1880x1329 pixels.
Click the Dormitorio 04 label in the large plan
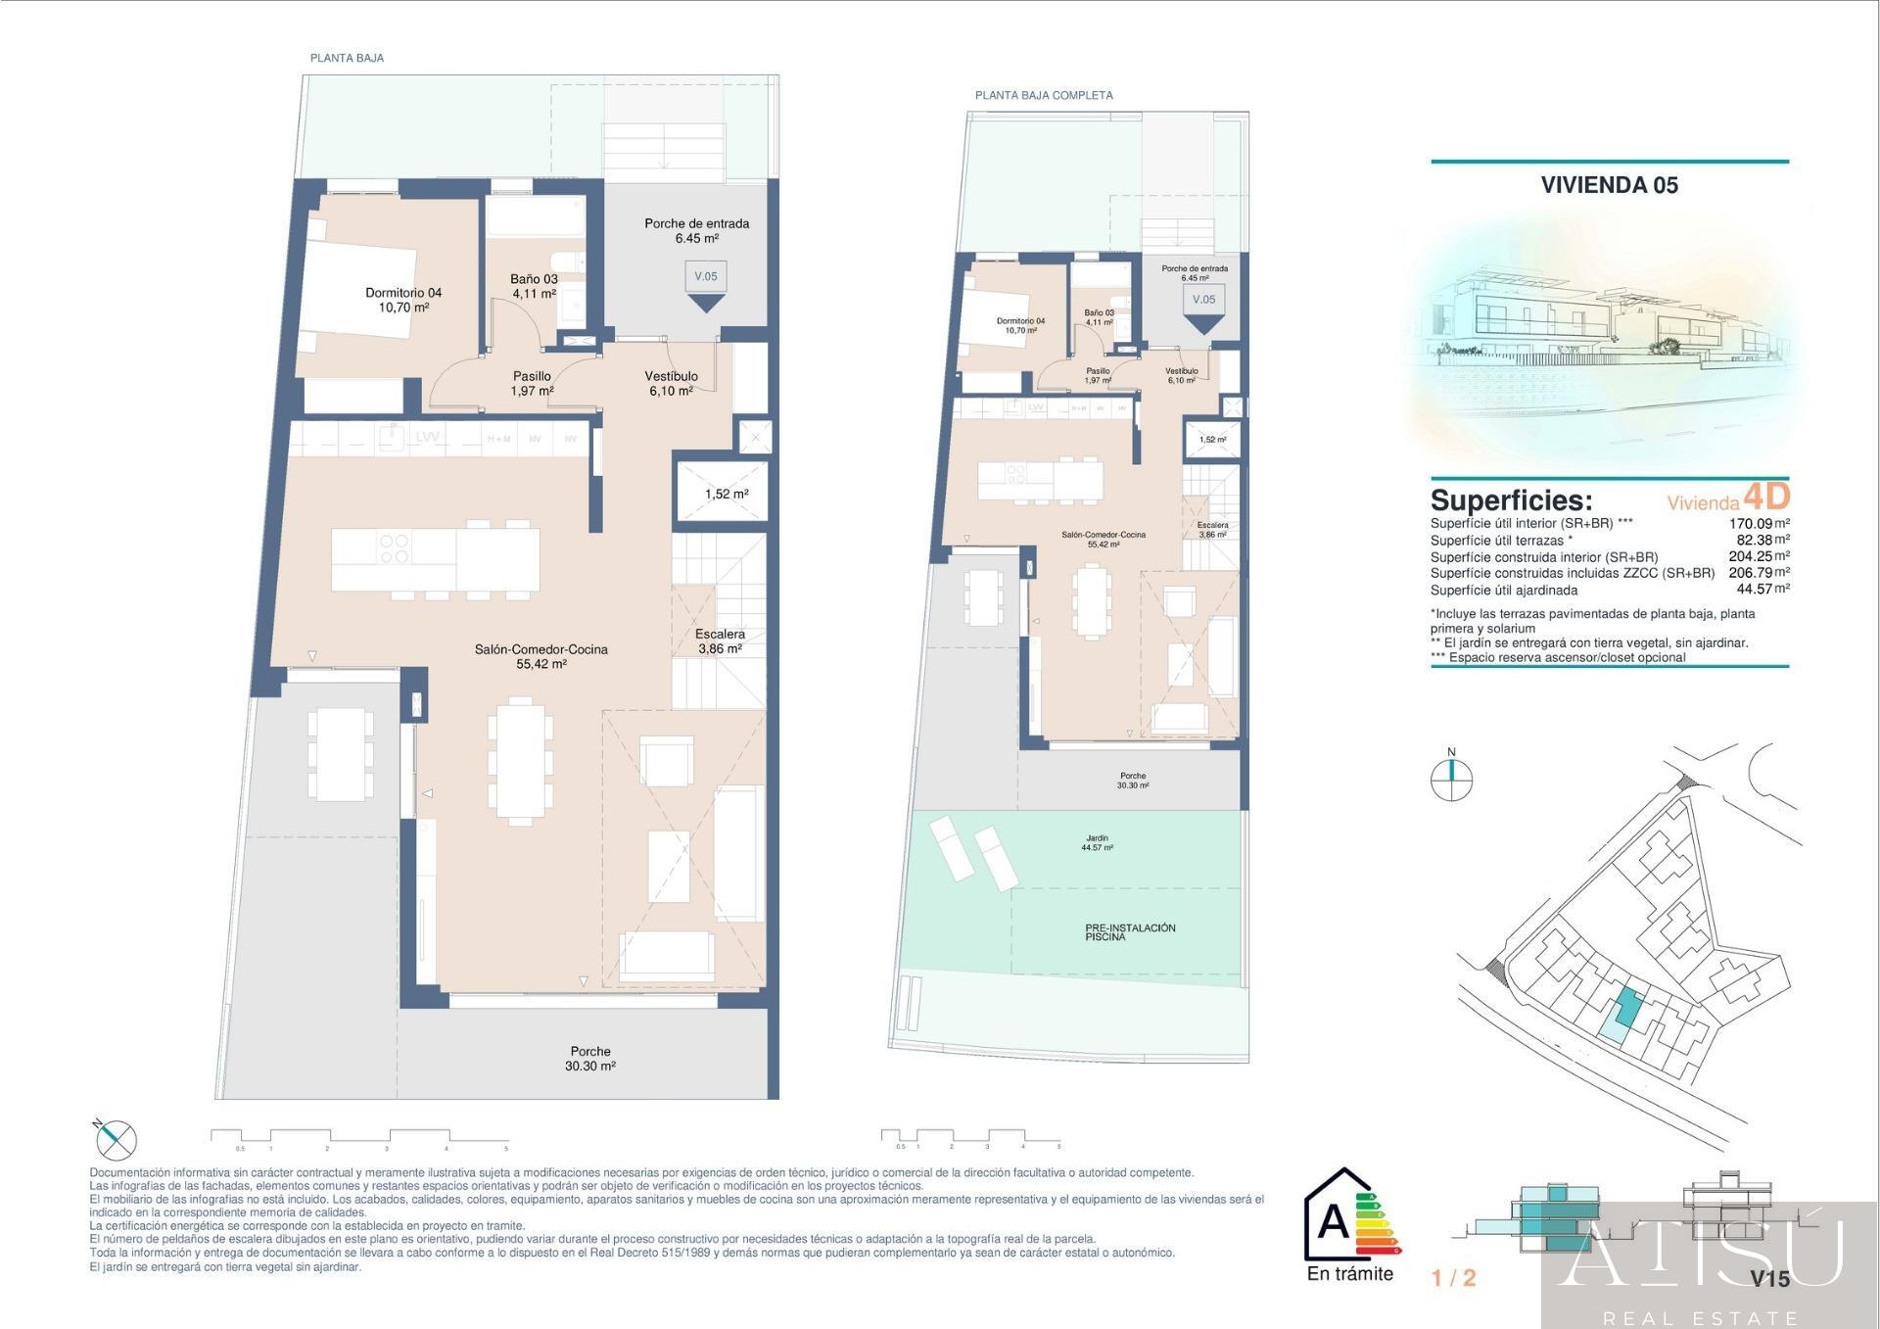[403, 300]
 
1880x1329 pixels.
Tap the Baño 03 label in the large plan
[534, 286]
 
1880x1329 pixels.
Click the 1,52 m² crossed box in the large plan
[726, 494]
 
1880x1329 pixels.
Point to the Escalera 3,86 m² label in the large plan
[720, 641]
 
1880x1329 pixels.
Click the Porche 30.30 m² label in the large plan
[589, 1059]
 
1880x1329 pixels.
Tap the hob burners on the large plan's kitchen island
[395, 548]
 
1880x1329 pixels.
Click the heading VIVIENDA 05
[1609, 185]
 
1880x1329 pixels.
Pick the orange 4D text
[1766, 496]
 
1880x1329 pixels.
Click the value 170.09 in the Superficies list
[1751, 524]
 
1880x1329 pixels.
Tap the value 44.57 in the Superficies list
[1754, 590]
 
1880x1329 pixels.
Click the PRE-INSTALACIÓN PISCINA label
[1130, 931]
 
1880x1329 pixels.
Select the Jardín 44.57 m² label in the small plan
[1097, 842]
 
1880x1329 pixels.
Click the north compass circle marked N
[1451, 781]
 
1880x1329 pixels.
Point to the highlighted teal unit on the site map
[1626, 1008]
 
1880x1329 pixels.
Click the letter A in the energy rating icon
[1333, 1221]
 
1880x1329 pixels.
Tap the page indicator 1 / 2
[1453, 1278]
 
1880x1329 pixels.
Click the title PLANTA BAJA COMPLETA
[1044, 95]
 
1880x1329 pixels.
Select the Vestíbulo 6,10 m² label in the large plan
[671, 383]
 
